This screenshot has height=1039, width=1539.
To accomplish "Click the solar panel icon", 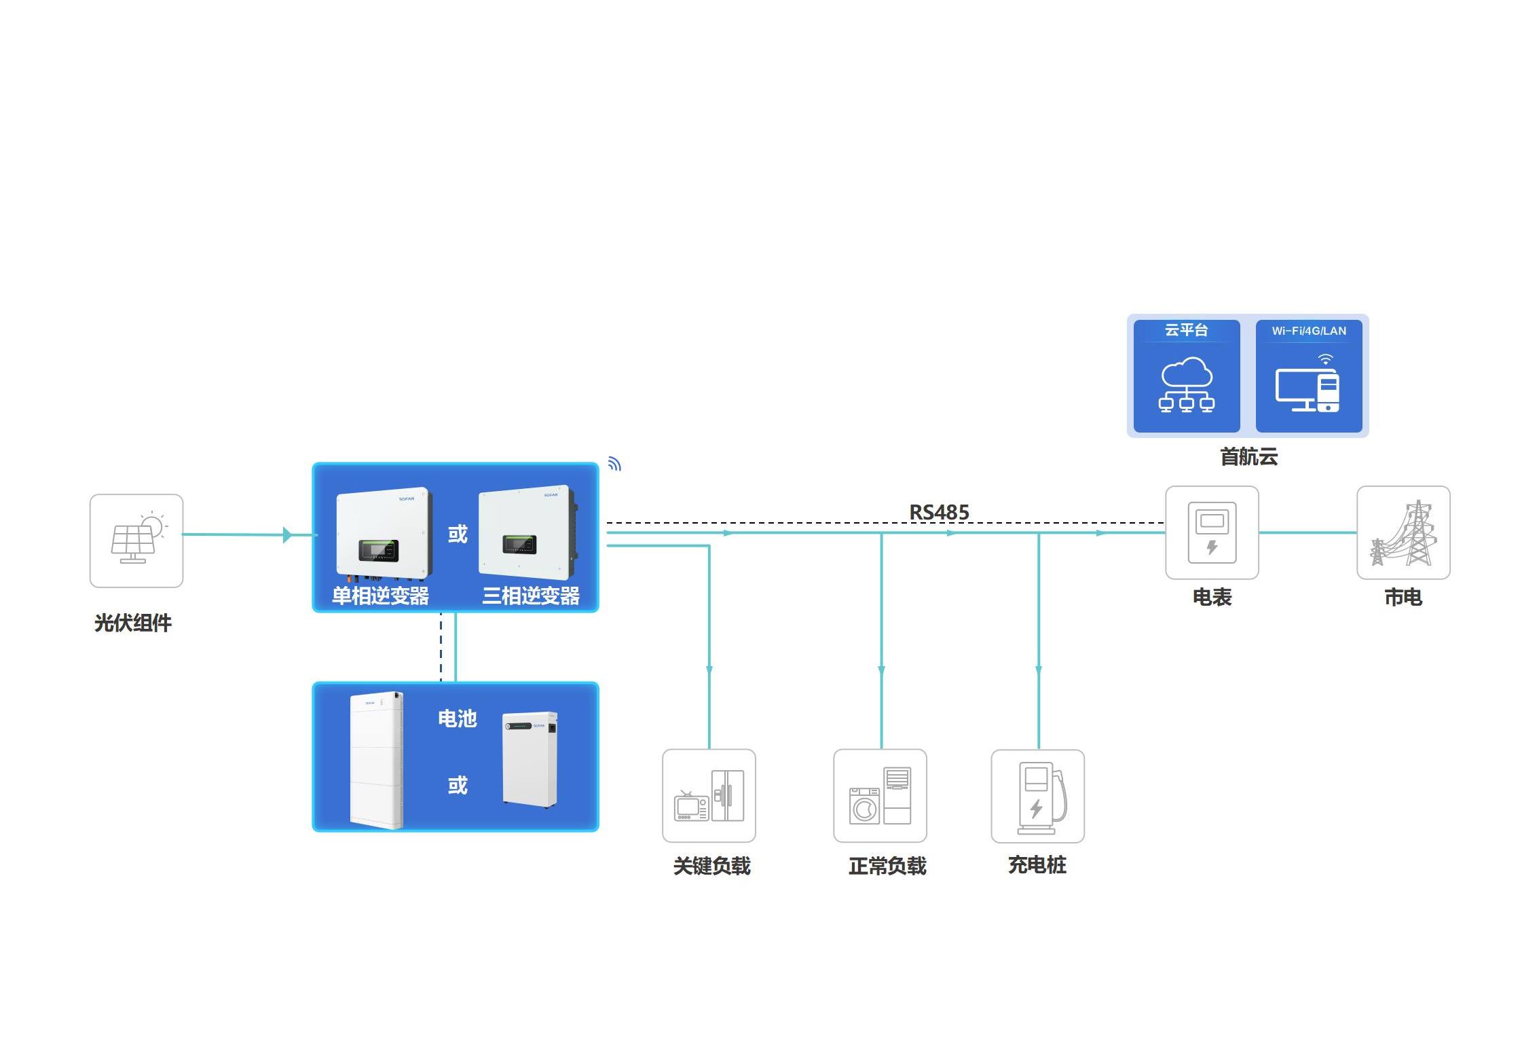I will pos(136,541).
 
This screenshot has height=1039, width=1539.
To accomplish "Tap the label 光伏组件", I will pos(133,623).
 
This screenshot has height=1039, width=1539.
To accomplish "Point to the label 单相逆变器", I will pos(380,596).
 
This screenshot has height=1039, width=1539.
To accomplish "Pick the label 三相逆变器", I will pos(531,596).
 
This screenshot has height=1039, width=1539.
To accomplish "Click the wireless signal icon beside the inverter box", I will pos(614,464).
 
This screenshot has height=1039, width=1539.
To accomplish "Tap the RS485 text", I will pos(939,512).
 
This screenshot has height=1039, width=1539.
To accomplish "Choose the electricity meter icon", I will pos(1212,532).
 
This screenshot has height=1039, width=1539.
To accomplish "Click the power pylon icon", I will pos(1403,533).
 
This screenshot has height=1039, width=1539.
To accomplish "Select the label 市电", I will pos(1403,597).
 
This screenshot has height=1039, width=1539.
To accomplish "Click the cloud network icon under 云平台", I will pos(1186,385).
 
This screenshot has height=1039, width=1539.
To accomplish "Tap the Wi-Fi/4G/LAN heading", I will pos(1309,331).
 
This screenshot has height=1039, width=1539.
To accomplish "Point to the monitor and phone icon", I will pos(1308,385).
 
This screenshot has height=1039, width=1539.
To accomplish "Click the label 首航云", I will pos(1248,456).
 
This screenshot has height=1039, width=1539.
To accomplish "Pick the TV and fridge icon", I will pos(709,796).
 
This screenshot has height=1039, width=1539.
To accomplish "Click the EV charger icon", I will pos(1037,797).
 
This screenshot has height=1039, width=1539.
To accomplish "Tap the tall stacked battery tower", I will pos(376,760).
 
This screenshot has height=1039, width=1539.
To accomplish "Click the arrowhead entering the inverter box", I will pos(287,535).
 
